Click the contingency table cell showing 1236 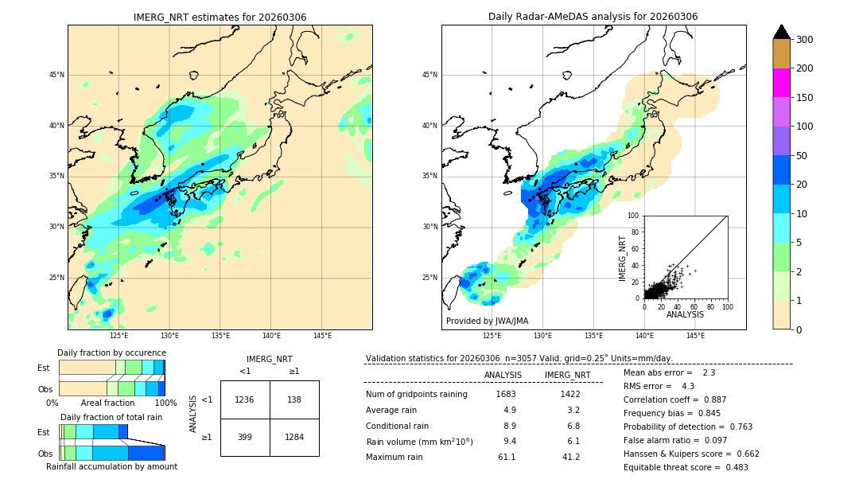245,399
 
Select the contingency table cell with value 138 294,399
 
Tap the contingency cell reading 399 245,437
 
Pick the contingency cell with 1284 294,437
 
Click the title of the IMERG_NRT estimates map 220,17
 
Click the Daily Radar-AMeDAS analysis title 593,17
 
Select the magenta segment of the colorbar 781,83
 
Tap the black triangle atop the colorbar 781,32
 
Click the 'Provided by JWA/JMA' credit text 487,321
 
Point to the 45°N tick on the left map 56,75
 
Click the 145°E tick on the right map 695,336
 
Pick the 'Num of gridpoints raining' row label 416,394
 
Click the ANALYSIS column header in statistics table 503,375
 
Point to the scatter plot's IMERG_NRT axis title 624,257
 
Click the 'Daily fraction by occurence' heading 111,353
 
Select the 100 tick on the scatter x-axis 727,306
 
